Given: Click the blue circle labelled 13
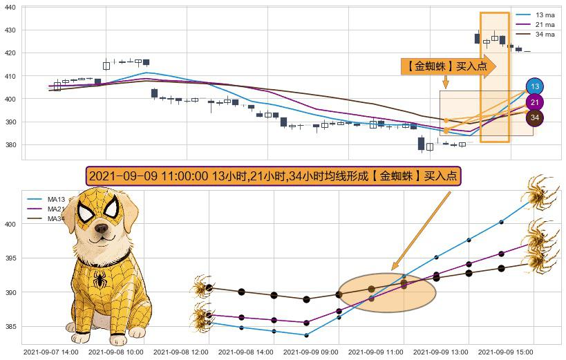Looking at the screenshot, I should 534,86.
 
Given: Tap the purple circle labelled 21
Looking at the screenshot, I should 534,102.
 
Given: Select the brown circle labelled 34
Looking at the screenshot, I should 534,118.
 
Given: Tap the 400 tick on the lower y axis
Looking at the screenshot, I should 11,225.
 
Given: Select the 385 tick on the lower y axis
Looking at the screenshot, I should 11,327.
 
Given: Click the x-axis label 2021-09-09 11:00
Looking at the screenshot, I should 375,352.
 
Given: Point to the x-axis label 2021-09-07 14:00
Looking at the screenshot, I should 50,352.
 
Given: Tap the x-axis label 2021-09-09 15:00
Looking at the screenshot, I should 506,352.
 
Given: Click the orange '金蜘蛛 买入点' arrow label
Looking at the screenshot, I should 446,66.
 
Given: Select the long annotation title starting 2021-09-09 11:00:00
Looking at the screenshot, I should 273,176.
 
